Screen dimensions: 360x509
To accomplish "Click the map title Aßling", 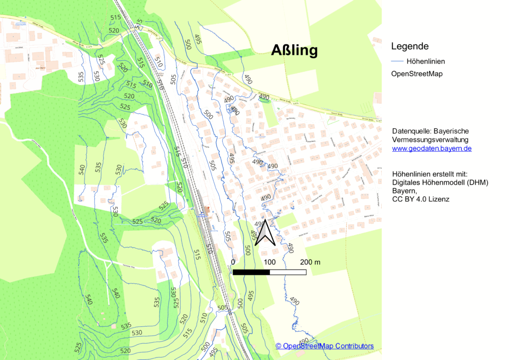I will tap(294, 50).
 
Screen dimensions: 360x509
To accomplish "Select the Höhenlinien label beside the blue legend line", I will tap(425, 61).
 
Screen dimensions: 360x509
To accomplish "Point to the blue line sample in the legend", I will tap(397, 61).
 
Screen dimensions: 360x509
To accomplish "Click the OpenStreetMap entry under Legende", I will tap(417, 74).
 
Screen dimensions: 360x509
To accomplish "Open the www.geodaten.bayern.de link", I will tap(431, 148).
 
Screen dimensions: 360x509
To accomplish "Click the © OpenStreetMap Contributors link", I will tap(325, 346).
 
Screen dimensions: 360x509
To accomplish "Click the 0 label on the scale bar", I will tap(233, 262).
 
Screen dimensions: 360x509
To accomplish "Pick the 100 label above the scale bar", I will tap(269, 262).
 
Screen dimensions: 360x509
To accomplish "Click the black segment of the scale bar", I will tap(251, 272).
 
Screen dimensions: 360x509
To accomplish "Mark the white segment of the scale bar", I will tap(288, 272).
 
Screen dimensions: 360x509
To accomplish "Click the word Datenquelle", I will tap(412, 131).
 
